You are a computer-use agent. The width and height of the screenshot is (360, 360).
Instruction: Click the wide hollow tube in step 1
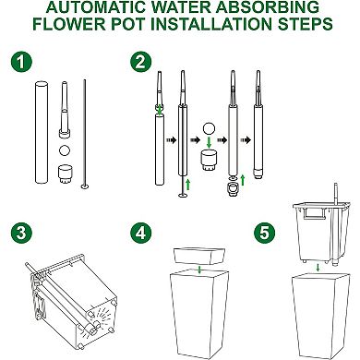(x=40, y=130)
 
